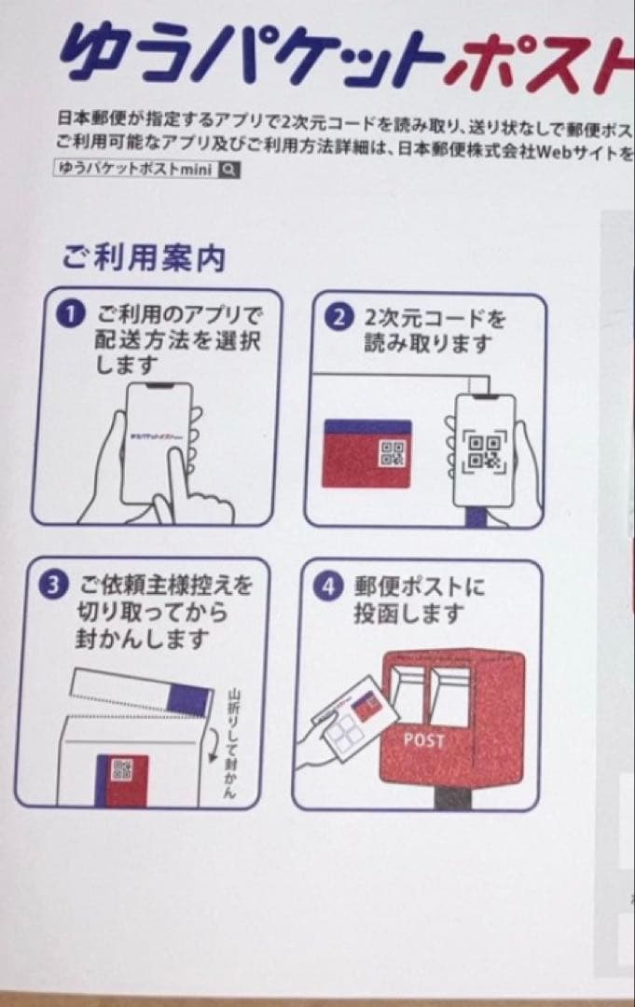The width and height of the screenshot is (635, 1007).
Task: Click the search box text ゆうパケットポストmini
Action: point(136,170)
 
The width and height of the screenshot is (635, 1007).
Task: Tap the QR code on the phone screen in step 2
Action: point(483,450)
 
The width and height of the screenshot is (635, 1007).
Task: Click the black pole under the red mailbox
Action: point(454,798)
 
